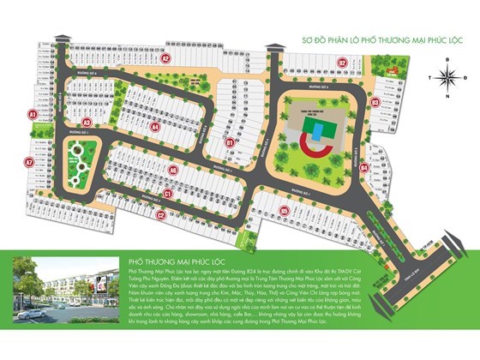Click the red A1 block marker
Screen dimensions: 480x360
[31, 113]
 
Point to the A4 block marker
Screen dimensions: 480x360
[156, 126]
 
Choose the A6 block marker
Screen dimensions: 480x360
[173, 170]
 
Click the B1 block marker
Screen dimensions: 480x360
[230, 142]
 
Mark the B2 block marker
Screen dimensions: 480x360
[341, 62]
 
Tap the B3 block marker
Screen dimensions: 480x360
[375, 102]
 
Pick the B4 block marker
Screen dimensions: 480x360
[363, 168]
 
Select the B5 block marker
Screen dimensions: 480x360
[284, 209]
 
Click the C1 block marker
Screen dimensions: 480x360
[168, 194]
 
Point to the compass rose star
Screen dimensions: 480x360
[446, 76]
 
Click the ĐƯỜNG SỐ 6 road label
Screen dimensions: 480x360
[91, 75]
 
